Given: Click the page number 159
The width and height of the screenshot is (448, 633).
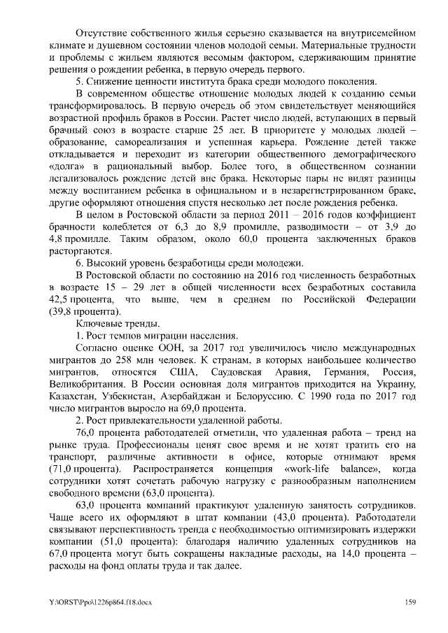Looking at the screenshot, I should pyautogui.click(x=412, y=602).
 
